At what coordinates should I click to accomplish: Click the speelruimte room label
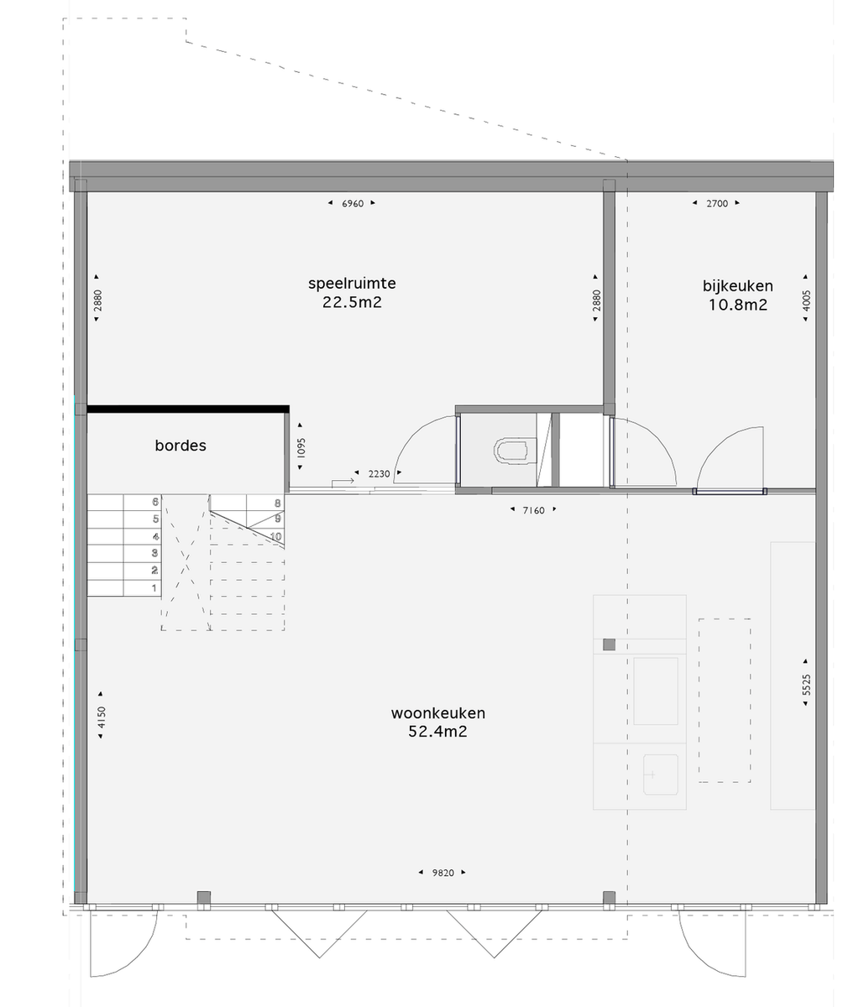tap(352, 284)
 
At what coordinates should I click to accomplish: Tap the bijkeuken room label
tap(737, 286)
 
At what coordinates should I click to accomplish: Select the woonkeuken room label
tap(437, 713)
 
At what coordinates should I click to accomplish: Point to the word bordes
tap(181, 446)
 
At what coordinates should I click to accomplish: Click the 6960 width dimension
tap(353, 204)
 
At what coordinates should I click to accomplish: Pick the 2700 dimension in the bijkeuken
tap(717, 204)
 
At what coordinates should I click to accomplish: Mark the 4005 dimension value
tap(805, 300)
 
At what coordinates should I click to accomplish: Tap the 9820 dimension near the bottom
tap(442, 873)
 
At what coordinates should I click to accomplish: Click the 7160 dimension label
tap(533, 510)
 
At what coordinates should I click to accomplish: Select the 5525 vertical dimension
tap(805, 685)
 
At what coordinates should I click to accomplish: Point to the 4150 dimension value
tap(101, 717)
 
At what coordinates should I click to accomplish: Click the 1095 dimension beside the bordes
tap(301, 447)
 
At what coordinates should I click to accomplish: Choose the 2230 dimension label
tap(379, 474)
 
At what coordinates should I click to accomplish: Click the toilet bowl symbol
tap(511, 450)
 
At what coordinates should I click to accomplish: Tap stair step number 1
tap(154, 588)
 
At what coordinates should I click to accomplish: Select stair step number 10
tap(275, 536)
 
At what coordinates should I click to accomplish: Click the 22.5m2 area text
tap(352, 303)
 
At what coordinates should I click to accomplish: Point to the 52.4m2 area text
tap(437, 732)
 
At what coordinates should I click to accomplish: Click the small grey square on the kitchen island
tap(609, 644)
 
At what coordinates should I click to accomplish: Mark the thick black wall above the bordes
tap(188, 410)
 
